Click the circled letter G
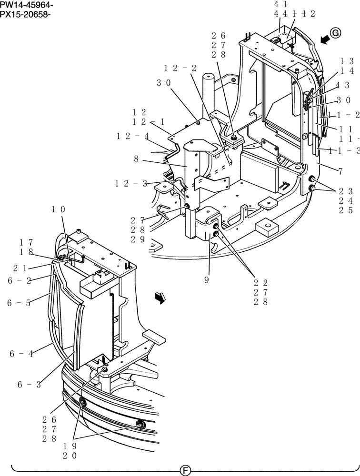click(336, 32)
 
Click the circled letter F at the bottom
click(185, 470)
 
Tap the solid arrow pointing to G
click(325, 40)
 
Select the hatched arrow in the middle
click(160, 297)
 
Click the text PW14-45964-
click(27, 5)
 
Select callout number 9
click(207, 280)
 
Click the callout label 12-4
click(132, 136)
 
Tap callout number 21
click(19, 268)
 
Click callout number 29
click(137, 239)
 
